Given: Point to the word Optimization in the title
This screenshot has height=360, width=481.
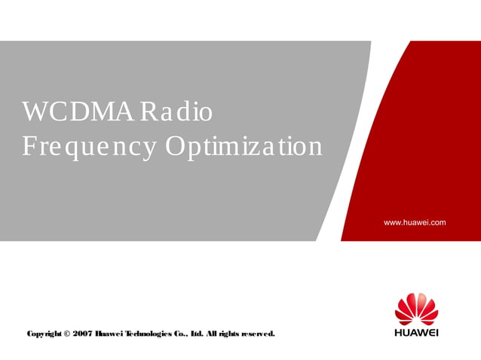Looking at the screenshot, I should [x=244, y=146].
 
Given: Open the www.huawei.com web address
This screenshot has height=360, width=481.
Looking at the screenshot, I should [x=415, y=222].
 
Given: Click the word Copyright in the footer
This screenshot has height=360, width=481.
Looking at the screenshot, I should [x=43, y=333].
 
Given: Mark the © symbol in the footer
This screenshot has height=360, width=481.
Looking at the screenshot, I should [x=66, y=333].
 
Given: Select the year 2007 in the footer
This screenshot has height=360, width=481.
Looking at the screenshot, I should [x=82, y=333].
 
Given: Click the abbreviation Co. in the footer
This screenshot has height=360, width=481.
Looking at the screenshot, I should [x=182, y=333].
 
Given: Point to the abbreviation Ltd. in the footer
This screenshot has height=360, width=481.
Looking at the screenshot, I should [x=198, y=333].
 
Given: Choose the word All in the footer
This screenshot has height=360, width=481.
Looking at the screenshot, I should [x=213, y=333].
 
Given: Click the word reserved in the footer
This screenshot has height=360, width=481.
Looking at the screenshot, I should [x=259, y=333].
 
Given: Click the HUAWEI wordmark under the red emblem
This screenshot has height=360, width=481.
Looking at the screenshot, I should [x=416, y=332].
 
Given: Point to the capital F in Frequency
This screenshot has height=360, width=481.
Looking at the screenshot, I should [x=29, y=146].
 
